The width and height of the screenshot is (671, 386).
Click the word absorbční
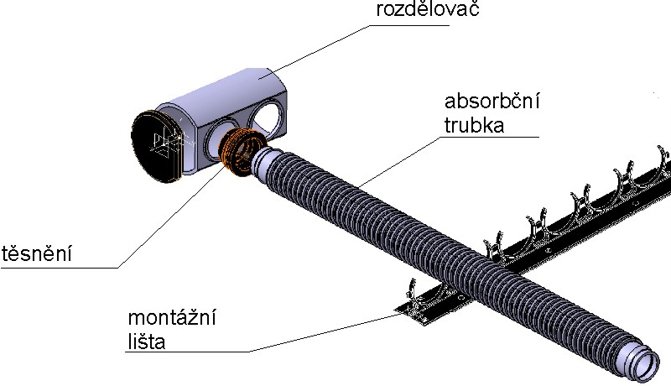point(492,102)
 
